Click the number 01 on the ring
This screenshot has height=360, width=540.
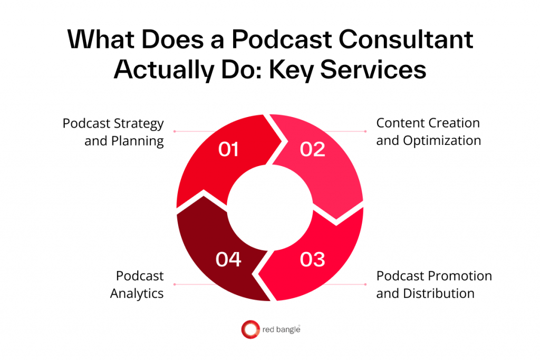[x=228, y=150]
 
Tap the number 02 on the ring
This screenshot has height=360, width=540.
[x=312, y=150]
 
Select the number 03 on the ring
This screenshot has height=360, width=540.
[x=312, y=259]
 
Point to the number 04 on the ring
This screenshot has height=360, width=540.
[x=228, y=259]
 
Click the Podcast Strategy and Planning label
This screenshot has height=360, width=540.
[x=113, y=132]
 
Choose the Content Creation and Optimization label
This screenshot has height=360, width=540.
[x=428, y=132]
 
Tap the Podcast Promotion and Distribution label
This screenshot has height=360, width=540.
[x=433, y=285]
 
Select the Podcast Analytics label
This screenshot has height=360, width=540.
[x=137, y=285]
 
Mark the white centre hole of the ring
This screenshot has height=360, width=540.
[x=270, y=205]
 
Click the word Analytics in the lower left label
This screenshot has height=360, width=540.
[x=137, y=294]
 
